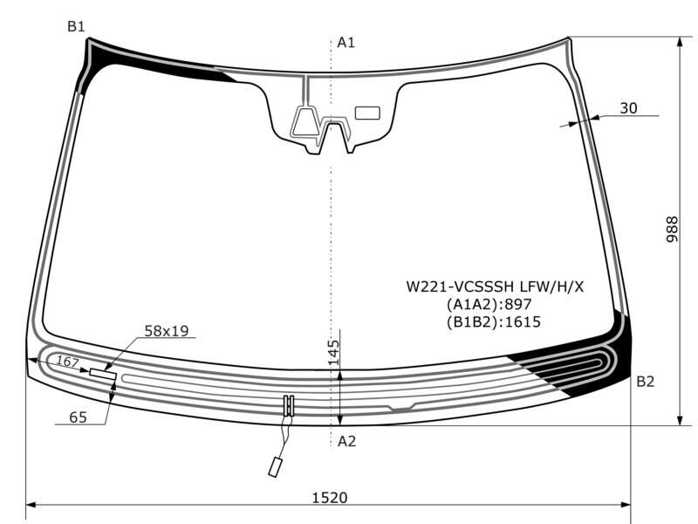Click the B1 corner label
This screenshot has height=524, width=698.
click(x=76, y=27)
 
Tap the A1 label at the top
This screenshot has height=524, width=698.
click(x=346, y=42)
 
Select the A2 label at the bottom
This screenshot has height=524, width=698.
click(x=346, y=441)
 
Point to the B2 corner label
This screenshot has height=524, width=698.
click(x=645, y=382)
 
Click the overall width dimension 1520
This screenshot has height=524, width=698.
click(x=330, y=497)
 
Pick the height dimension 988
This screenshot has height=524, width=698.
click(x=672, y=229)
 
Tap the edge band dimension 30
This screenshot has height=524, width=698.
click(x=628, y=107)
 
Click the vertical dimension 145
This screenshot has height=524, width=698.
click(x=334, y=353)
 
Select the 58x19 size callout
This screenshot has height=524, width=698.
click(x=167, y=331)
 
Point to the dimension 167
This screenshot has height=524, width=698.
click(x=67, y=362)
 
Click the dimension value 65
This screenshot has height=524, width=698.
click(x=78, y=417)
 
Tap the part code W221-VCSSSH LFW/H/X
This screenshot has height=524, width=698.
click(x=495, y=286)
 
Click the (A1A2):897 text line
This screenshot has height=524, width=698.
click(x=489, y=304)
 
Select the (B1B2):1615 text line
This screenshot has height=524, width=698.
click(x=494, y=321)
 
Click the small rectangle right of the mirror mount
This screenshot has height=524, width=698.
click(x=367, y=114)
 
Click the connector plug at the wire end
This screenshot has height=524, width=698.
click(x=274, y=467)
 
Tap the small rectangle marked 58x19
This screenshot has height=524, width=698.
click(x=103, y=374)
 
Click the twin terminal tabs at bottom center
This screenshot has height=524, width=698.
click(x=289, y=405)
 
